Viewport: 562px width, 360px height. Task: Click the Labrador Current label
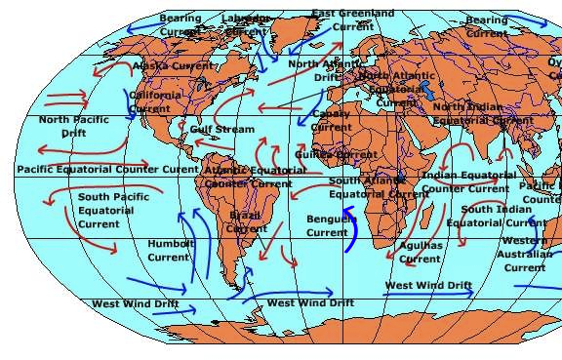(245, 24)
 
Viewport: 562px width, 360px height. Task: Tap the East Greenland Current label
(353, 20)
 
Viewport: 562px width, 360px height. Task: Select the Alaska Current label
(174, 66)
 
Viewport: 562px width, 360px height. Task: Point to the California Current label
(155, 101)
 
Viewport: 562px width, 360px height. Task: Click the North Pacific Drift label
(67, 126)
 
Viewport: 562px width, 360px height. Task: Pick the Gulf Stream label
(222, 129)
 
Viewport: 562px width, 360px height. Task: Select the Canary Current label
(331, 120)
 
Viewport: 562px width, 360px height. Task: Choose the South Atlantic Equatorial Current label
(379, 187)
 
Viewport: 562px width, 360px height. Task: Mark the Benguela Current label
(328, 226)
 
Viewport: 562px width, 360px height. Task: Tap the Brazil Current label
(247, 221)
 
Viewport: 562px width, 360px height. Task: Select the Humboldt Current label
(169, 250)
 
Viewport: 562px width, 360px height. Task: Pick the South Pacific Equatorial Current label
(106, 211)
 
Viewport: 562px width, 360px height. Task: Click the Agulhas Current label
(421, 253)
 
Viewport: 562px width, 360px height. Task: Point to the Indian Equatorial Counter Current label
(468, 181)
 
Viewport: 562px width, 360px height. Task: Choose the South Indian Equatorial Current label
(497, 216)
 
